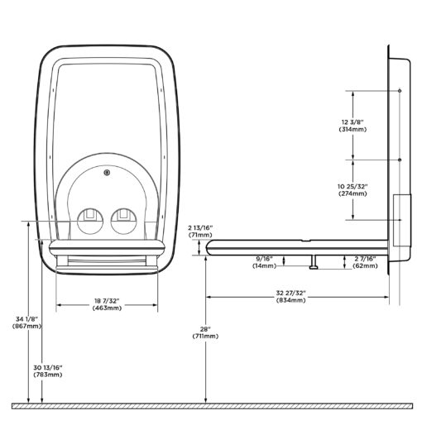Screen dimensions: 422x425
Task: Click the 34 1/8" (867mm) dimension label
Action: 26,322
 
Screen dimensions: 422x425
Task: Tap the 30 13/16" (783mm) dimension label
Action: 48,371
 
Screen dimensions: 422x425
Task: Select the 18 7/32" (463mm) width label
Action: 107,304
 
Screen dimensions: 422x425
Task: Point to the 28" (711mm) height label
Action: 205,332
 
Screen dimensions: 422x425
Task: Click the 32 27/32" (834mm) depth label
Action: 291,297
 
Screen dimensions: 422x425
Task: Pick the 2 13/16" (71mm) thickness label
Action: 200,232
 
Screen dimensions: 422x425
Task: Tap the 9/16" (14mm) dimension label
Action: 264,262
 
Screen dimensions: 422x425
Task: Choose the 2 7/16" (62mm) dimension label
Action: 365,262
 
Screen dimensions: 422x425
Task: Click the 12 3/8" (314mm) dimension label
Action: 352,126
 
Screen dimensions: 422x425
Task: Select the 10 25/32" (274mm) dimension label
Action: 352,190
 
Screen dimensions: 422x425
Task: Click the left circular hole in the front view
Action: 90,222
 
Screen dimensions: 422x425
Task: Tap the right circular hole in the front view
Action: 123,222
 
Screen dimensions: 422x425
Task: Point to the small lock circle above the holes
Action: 107,173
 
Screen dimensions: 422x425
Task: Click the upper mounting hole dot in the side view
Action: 400,91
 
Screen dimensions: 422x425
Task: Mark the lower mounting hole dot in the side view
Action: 400,160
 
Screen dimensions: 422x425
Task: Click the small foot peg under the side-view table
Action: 314,262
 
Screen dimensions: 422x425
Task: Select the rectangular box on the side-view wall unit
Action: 402,220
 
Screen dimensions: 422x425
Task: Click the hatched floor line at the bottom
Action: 212,406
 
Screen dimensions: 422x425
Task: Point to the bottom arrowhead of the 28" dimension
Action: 206,400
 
